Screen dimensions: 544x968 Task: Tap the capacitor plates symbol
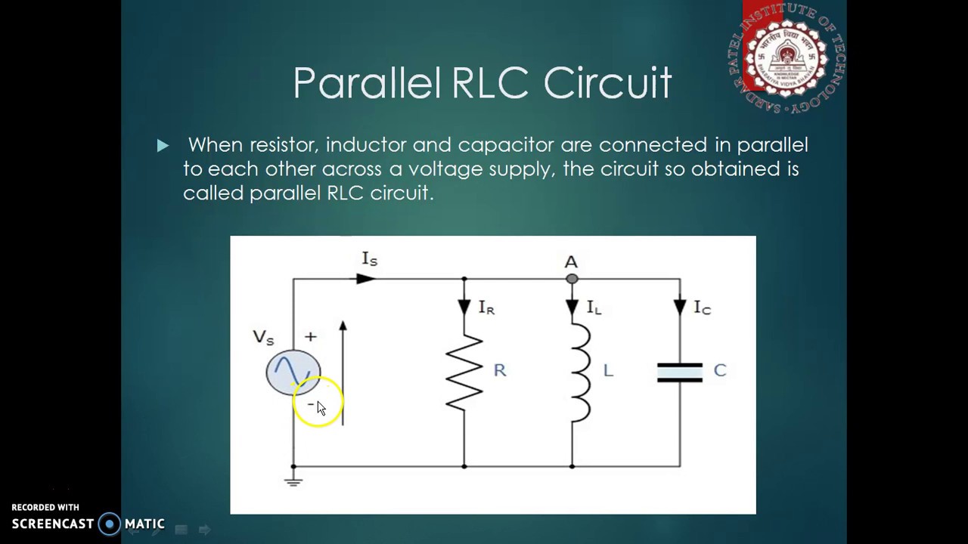tap(679, 372)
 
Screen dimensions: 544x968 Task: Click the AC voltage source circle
tap(293, 372)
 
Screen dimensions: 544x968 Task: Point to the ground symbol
tap(293, 480)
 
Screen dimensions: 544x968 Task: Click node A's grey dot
tap(572, 279)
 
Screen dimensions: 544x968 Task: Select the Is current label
tap(369, 259)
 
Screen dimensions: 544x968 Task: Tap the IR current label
tap(486, 308)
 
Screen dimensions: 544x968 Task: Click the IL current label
tap(594, 308)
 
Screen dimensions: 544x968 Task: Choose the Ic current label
tap(703, 308)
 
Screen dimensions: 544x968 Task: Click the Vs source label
tap(263, 338)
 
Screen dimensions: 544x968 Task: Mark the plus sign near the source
tap(310, 336)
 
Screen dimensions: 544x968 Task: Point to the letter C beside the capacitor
tap(719, 370)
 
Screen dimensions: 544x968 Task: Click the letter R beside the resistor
tap(499, 370)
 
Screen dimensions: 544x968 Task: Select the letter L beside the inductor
tap(608, 370)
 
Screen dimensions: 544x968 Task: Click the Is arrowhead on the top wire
tap(365, 279)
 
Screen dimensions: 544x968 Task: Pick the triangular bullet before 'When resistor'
tap(163, 146)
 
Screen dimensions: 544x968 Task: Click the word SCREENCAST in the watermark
tap(53, 524)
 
